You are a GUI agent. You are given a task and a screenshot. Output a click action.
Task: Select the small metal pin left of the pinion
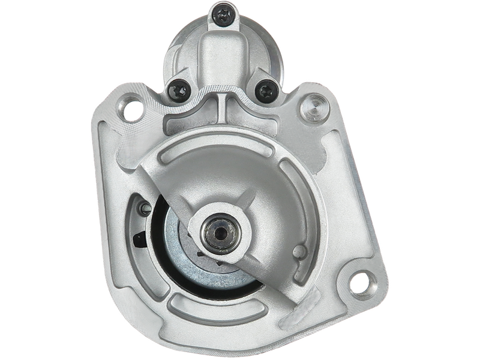(x=144, y=208)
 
